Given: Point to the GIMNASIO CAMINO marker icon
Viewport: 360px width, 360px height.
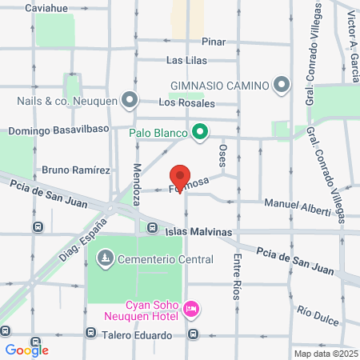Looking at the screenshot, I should pos(281,84).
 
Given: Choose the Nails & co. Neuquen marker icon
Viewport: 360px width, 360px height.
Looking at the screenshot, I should pos(131,101).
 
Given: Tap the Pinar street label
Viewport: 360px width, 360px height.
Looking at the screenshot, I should pos(214,42).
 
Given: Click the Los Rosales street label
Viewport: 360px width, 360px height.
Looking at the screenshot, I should pos(186,103).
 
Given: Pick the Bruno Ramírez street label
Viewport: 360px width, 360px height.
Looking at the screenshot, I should pos(75,170).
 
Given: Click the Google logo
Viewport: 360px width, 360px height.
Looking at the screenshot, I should pos(26,350).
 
